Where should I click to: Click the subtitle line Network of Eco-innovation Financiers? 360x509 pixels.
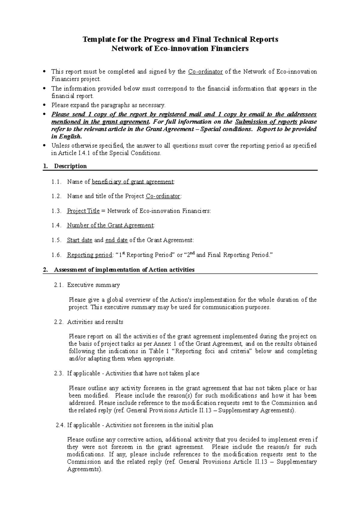180,49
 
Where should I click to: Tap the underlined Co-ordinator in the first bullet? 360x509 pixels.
205,72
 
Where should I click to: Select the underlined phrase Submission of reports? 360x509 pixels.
266,122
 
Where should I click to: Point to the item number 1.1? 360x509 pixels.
56,182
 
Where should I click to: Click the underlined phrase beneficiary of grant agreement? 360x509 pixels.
133,182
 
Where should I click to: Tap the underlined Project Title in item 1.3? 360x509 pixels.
83,211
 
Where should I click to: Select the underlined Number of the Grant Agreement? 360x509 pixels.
110,225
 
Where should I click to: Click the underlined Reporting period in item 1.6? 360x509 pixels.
89,255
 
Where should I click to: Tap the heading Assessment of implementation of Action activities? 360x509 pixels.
124,270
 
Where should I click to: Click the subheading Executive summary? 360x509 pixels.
93,285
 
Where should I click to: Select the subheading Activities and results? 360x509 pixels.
95,322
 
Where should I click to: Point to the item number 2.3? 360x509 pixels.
59,374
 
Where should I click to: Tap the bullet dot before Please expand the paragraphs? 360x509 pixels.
44,105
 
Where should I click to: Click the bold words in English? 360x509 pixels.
66,137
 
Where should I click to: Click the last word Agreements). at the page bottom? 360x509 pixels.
85,469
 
